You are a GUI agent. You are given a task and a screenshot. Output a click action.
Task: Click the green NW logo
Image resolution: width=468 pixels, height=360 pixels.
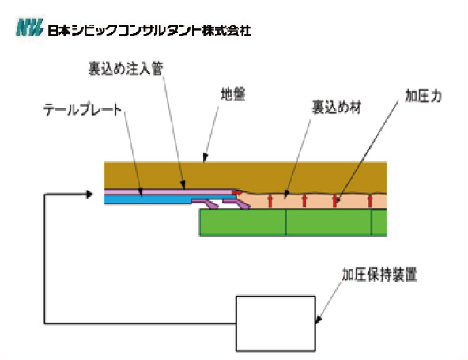pos(29,28)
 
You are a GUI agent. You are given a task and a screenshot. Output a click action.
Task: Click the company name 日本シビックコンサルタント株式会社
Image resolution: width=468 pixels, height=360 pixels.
pos(149,31)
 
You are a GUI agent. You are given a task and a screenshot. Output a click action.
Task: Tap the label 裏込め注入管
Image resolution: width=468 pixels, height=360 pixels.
pos(126,68)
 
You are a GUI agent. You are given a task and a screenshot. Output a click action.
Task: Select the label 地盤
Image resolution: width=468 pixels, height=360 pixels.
pos(233,94)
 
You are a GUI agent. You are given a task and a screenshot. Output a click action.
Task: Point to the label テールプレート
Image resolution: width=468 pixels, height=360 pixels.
pos(82,110)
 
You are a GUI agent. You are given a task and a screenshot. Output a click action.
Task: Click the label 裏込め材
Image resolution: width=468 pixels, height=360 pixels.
pos(337,108)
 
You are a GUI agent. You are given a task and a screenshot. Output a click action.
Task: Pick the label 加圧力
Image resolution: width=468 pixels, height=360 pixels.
pos(423,97)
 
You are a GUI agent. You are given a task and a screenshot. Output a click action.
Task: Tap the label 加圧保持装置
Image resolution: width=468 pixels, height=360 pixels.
pos(379,275)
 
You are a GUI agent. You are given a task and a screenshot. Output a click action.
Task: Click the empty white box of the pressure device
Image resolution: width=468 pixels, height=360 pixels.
pos(276,324)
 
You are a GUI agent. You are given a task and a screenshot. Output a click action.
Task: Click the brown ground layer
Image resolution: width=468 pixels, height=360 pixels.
pos(245,176)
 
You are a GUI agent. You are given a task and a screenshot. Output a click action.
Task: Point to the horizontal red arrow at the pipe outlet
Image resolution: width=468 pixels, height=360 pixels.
pos(237,192)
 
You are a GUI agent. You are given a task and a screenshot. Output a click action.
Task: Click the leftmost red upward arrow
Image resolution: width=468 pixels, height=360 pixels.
pos(270,201)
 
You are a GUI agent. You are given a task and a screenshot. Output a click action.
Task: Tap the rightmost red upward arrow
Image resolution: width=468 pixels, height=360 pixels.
pos(370,201)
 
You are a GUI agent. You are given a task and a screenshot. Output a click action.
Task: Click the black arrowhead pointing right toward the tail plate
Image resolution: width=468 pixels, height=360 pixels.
pos(89,195)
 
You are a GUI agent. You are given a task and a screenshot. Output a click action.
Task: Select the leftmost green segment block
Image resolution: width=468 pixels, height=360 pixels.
pos(243,222)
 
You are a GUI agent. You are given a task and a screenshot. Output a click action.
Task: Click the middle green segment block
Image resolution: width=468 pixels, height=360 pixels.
pos(329,222)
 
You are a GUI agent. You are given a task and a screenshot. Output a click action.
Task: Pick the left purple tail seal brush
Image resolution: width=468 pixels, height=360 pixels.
pos(206,204)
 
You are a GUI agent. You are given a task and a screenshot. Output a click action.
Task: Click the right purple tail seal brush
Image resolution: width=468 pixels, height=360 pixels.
pos(237,204)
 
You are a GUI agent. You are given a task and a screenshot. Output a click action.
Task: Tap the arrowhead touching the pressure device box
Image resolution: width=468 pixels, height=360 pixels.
pos(318,320)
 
